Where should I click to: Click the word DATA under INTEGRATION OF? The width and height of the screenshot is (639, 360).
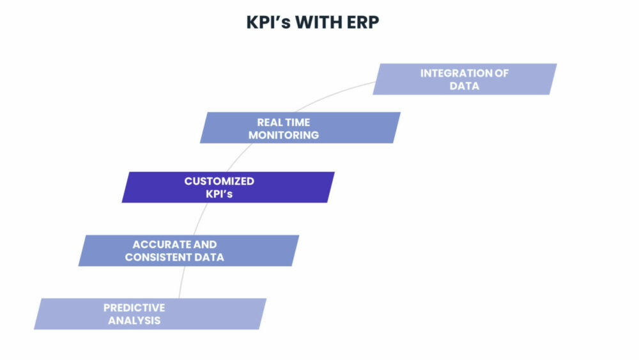(x=465, y=86)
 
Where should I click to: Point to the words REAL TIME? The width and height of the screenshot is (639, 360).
(x=284, y=122)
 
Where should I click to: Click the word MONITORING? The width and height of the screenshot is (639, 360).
(x=284, y=135)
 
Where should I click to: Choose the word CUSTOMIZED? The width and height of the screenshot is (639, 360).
(x=219, y=181)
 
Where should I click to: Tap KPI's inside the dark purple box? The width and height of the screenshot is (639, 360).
(x=219, y=194)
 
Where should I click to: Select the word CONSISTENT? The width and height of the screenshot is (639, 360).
(x=161, y=257)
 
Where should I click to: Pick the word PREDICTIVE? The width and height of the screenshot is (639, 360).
(x=134, y=308)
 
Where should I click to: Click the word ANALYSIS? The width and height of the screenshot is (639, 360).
(x=134, y=320)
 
